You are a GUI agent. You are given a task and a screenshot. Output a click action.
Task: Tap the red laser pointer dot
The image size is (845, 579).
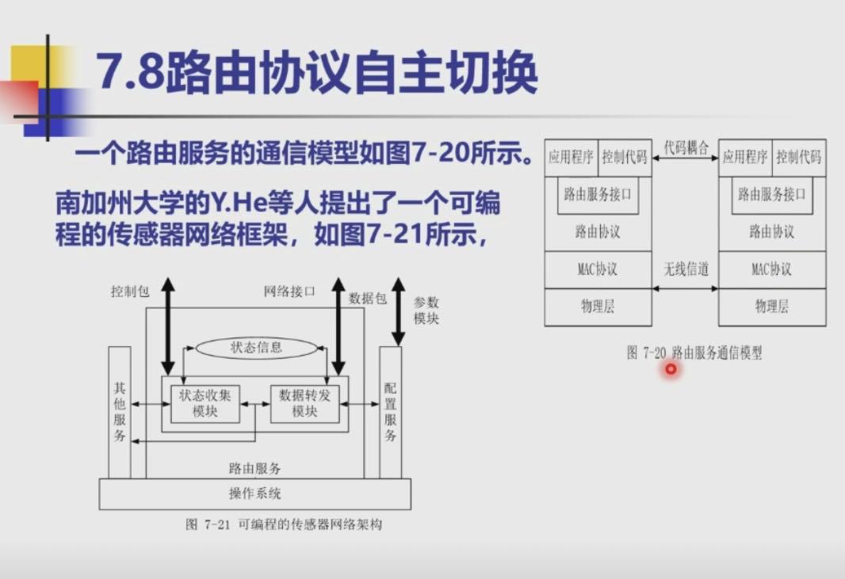tap(671, 369)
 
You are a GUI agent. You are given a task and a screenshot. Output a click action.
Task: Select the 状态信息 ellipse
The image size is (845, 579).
tap(256, 347)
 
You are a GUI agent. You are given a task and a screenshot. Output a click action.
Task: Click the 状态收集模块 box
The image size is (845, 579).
tap(205, 403)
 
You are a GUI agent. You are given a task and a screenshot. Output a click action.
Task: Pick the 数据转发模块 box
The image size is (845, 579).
tap(304, 403)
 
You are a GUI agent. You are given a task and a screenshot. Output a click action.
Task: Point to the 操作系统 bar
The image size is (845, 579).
tap(254, 493)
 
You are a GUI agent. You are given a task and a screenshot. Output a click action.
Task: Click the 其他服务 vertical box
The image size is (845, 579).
tap(120, 412)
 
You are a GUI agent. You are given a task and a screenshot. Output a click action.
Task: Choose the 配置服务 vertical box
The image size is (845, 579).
tap(390, 412)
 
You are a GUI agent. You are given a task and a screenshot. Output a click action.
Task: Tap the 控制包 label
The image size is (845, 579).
tap(130, 291)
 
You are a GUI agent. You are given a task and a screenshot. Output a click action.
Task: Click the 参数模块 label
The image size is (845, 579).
tap(426, 310)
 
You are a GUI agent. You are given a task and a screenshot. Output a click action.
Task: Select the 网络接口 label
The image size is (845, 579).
tap(289, 291)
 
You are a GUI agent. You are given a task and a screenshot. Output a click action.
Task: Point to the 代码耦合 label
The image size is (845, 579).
tap(686, 148)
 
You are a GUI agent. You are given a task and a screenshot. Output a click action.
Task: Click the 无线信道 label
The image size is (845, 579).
tap(686, 269)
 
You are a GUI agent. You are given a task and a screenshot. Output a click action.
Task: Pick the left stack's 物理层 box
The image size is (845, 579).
tap(598, 307)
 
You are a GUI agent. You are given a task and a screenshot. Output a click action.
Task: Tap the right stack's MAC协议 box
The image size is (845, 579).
tap(771, 269)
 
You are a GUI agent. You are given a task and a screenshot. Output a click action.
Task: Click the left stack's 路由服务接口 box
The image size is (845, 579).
tap(598, 194)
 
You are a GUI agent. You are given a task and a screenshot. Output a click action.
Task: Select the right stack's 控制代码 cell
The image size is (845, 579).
tap(798, 157)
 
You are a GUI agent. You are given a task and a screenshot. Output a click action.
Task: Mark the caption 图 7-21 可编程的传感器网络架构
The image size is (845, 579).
tap(284, 524)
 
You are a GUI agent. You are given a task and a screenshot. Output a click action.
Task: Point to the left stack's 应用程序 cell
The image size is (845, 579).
tap(571, 157)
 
